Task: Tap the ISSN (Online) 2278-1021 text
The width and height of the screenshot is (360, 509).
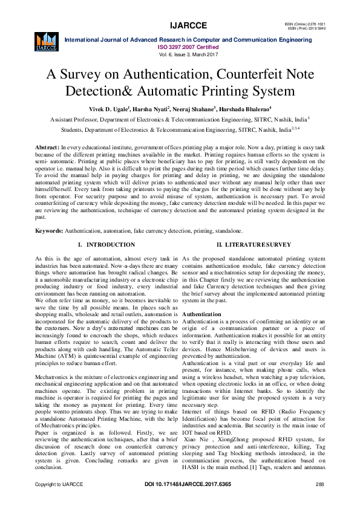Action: [x=309, y=24]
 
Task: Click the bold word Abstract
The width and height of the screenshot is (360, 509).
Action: [x=47, y=148]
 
